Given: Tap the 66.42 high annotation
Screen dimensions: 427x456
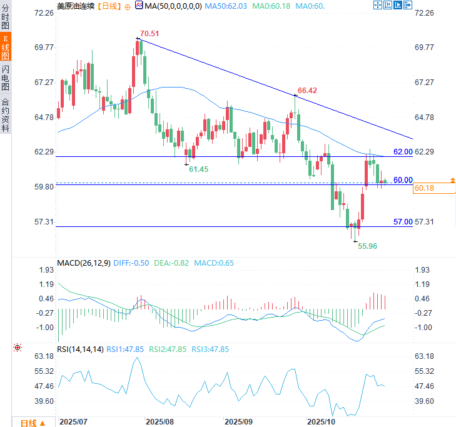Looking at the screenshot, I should pos(307,91).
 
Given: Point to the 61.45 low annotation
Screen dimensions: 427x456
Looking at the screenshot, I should pos(199,169).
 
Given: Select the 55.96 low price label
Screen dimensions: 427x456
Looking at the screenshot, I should pos(367,246).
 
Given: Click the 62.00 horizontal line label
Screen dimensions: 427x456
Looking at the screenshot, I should pos(403,152).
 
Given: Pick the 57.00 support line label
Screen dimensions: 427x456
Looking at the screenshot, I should pos(403,222).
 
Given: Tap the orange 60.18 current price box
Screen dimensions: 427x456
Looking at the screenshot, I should pos(424,188).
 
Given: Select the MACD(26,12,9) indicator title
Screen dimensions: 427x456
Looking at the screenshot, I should pos(83,263).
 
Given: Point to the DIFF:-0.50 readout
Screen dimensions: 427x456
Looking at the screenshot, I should pos(131,263).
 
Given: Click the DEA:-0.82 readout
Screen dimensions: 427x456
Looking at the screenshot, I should pos(171,263).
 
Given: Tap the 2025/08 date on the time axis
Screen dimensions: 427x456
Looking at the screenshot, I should pos(160,422).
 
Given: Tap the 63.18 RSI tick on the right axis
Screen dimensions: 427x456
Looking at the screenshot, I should pos(423,356).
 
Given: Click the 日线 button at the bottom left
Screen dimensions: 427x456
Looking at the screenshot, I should pos(32,423).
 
